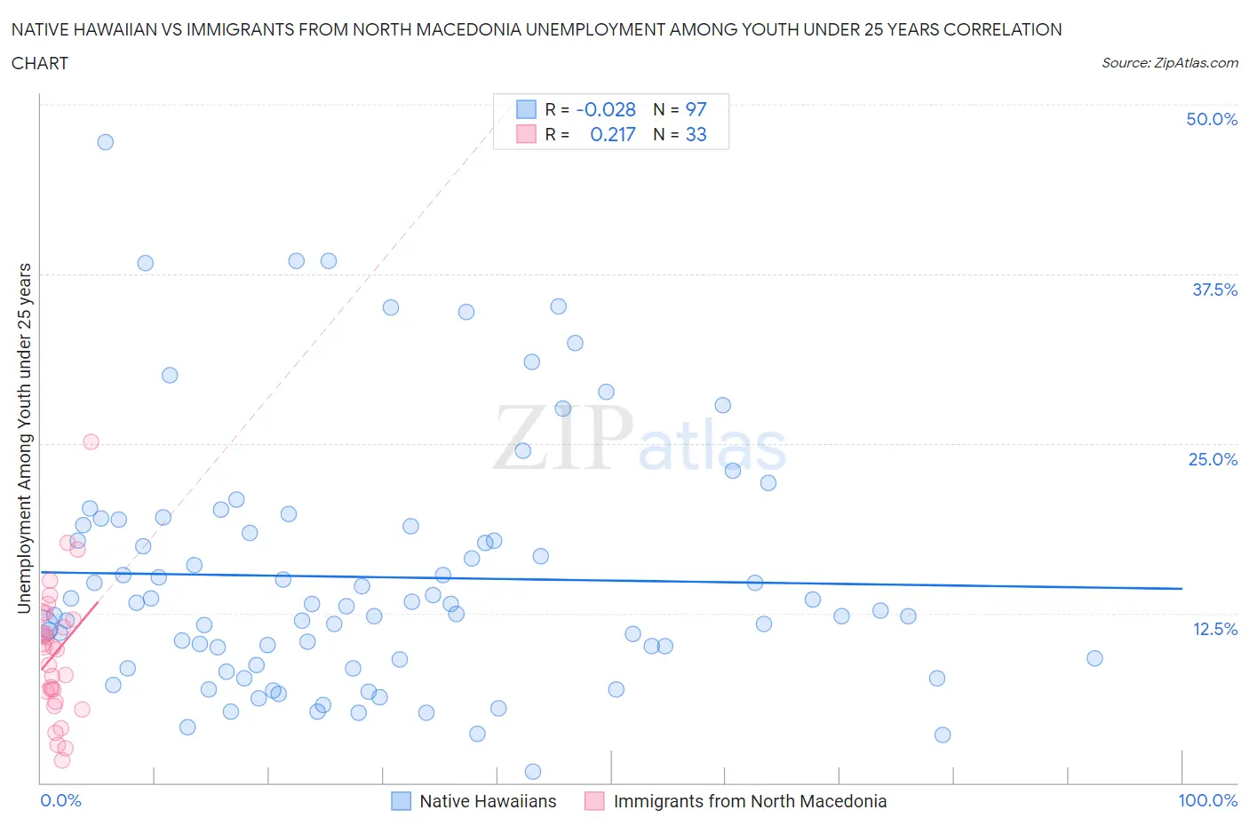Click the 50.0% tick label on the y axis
pos(1211,119)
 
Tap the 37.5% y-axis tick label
pos(1214,290)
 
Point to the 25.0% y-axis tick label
pos(1213,459)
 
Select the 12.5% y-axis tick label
pos(1214,629)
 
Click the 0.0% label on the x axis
pos(60,800)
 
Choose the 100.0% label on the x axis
pos(1207,800)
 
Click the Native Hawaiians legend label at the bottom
pos(488,801)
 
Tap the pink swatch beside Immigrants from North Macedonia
pos(594,801)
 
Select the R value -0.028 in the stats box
pos(606,109)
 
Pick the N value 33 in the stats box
pos(696,134)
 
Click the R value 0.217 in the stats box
pos(613,134)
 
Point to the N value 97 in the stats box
pos(696,109)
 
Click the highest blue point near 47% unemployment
pos(105,142)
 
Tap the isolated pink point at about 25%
pos(91,441)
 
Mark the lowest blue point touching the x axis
pos(533,771)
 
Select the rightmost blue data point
pos(1094,658)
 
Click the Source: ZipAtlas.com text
pos(1169,63)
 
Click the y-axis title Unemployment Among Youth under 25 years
pos(25,438)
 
